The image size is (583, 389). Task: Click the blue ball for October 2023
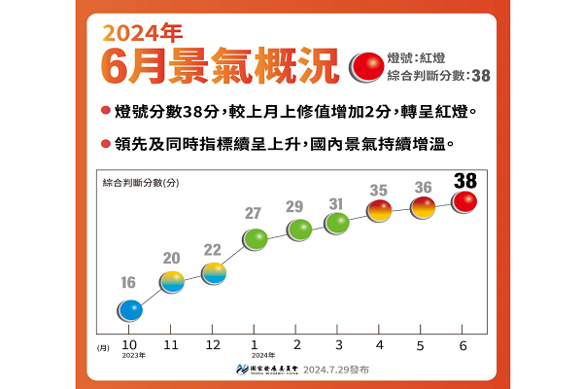[130, 310]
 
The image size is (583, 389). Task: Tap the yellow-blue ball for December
[214, 273]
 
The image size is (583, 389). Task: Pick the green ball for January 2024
[256, 238]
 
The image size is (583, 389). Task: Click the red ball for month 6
[464, 201]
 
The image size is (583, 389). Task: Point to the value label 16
[129, 283]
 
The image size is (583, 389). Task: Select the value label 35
[380, 190]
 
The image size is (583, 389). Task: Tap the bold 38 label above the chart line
[464, 179]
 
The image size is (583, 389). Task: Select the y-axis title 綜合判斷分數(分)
[141, 182]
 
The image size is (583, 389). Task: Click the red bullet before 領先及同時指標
[104, 144]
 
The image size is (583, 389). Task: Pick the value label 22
[214, 250]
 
